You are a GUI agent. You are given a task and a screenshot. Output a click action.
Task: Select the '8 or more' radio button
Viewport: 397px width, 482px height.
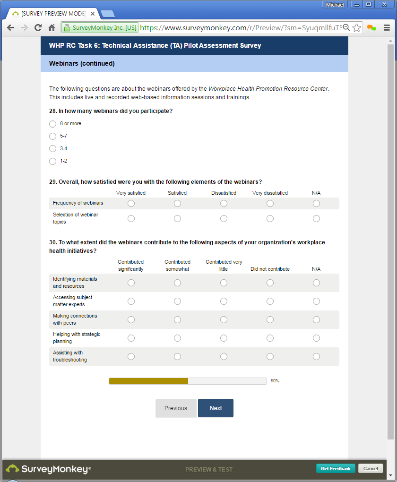(x=53, y=124)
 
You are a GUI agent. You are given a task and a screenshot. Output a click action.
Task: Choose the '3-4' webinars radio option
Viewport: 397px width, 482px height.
(x=53, y=149)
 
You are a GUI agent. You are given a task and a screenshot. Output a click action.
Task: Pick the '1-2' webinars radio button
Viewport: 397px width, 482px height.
(x=53, y=161)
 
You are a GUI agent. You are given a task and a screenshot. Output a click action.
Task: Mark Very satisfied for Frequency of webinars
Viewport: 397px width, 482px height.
(x=131, y=203)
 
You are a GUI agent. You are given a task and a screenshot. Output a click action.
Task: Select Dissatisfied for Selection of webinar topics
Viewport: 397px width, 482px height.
(x=224, y=218)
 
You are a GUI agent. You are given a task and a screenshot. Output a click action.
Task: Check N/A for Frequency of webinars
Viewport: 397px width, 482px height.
(x=316, y=203)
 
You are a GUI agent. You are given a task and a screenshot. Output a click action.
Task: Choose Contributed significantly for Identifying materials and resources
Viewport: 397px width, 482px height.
(x=131, y=283)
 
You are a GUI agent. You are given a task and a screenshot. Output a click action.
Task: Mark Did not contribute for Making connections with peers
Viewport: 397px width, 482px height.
(x=270, y=319)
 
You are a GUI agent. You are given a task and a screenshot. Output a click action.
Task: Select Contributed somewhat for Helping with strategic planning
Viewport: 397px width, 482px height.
(x=177, y=338)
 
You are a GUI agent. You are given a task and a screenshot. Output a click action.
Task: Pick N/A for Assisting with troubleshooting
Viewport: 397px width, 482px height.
(x=316, y=356)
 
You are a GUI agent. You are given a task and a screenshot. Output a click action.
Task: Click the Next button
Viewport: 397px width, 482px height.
(x=216, y=408)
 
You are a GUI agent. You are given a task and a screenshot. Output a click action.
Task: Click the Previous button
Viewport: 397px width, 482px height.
(x=176, y=408)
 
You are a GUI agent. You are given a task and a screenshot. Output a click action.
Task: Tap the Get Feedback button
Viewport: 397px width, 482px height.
(x=336, y=468)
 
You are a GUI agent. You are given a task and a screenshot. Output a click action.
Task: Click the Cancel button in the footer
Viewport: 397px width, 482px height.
(x=371, y=468)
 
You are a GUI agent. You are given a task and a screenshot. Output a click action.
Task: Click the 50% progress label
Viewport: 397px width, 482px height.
(x=275, y=381)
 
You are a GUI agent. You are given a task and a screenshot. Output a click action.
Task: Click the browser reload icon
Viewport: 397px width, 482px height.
(x=38, y=28)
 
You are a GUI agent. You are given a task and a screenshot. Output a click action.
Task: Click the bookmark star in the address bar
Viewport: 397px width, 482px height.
(x=357, y=28)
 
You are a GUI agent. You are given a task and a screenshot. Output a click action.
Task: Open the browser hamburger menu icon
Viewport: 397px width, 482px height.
(x=387, y=28)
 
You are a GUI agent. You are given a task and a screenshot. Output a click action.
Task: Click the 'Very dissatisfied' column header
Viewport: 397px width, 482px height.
(x=270, y=193)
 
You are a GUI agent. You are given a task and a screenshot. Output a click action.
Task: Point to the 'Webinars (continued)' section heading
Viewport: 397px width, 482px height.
(x=82, y=63)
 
